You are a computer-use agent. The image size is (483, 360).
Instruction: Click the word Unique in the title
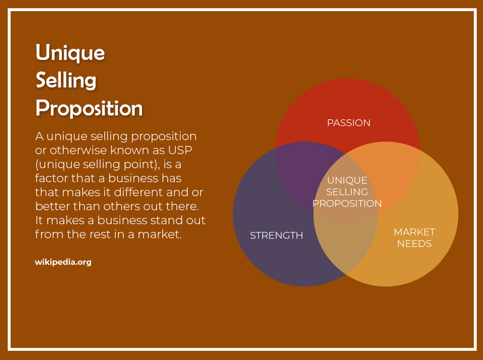pos(70,53)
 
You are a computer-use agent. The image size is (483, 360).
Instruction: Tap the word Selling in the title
pos(66,80)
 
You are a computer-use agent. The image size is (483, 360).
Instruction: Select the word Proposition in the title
pos(89,108)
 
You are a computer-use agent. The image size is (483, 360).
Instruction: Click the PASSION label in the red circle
pos(349,123)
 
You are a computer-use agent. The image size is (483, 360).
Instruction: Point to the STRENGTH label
pos(277,235)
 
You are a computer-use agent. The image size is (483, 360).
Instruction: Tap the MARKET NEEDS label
pos(414,238)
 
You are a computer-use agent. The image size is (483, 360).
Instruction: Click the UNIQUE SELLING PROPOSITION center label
pos(347,192)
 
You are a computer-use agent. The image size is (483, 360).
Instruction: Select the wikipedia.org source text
pos(63,262)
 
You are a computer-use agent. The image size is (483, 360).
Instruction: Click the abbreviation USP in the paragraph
pos(180,150)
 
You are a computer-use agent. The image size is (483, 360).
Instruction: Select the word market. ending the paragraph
pos(159,234)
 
